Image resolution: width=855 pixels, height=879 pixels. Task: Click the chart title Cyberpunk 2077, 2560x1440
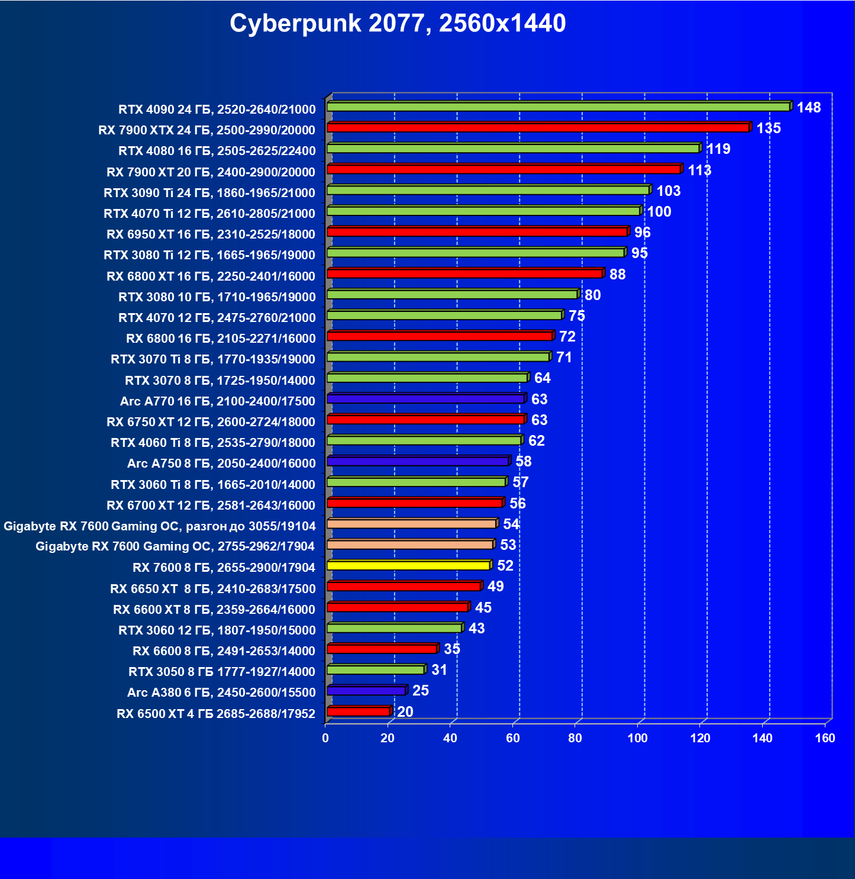[x=398, y=24]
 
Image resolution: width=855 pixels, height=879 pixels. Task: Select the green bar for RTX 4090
[x=558, y=107]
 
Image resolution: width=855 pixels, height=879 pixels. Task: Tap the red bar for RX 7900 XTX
[x=538, y=128]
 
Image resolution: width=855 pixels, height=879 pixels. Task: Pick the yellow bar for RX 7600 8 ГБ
[x=408, y=566]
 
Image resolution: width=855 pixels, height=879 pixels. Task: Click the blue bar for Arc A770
[x=425, y=399]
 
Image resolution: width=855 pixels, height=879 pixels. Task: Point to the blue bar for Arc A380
[x=366, y=691]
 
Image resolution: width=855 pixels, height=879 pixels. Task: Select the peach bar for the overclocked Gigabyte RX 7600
[x=411, y=524]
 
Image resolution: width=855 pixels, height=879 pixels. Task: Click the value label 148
[x=808, y=108]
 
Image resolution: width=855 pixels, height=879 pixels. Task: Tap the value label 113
[x=699, y=170]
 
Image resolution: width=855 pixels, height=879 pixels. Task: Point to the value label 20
[x=405, y=711]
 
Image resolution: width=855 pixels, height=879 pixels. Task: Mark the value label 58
[x=523, y=462]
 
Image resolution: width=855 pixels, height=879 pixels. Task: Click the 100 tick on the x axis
[x=637, y=738]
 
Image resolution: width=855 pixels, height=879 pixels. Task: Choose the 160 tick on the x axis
[x=825, y=738]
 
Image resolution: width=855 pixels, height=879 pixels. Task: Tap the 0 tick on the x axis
[x=325, y=738]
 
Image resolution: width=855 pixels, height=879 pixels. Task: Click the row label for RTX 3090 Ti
[x=209, y=193]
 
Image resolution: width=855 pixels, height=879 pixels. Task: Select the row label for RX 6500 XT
[x=216, y=714]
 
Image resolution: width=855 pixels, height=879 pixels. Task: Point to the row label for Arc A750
[x=221, y=463]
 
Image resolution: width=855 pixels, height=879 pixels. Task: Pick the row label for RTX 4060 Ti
[x=213, y=443]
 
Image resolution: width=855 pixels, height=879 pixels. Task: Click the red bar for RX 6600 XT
[x=397, y=607]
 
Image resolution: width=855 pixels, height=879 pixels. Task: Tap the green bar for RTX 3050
[x=376, y=670]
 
